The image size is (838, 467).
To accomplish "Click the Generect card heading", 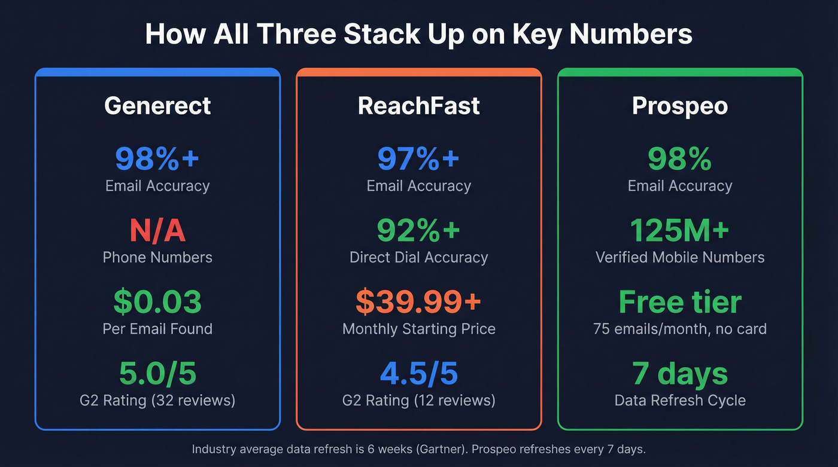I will point(157,106).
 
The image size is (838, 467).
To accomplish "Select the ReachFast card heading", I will point(419,106).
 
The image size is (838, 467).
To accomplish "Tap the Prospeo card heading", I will point(680,106).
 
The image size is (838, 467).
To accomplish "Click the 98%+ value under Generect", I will point(157,158).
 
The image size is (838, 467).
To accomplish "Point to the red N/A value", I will point(157,231).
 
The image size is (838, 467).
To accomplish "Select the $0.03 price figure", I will point(157,302).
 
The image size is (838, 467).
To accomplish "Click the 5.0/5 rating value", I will point(157,374).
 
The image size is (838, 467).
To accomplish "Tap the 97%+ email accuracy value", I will point(419,158).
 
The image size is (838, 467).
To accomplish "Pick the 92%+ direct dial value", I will point(419,231).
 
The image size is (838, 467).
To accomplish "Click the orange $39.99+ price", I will point(419,302).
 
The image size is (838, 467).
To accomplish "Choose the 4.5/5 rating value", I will point(419,374).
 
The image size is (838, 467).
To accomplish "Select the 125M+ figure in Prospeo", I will point(680,231).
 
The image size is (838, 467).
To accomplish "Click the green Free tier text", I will point(680,302).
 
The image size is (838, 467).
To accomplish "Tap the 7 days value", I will point(680,374).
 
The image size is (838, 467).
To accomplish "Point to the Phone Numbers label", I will point(157,258).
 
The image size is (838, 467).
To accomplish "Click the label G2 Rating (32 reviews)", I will point(157,400).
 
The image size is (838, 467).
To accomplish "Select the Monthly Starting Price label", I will point(419,329).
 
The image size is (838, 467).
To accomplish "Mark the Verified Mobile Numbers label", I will point(680,258).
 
